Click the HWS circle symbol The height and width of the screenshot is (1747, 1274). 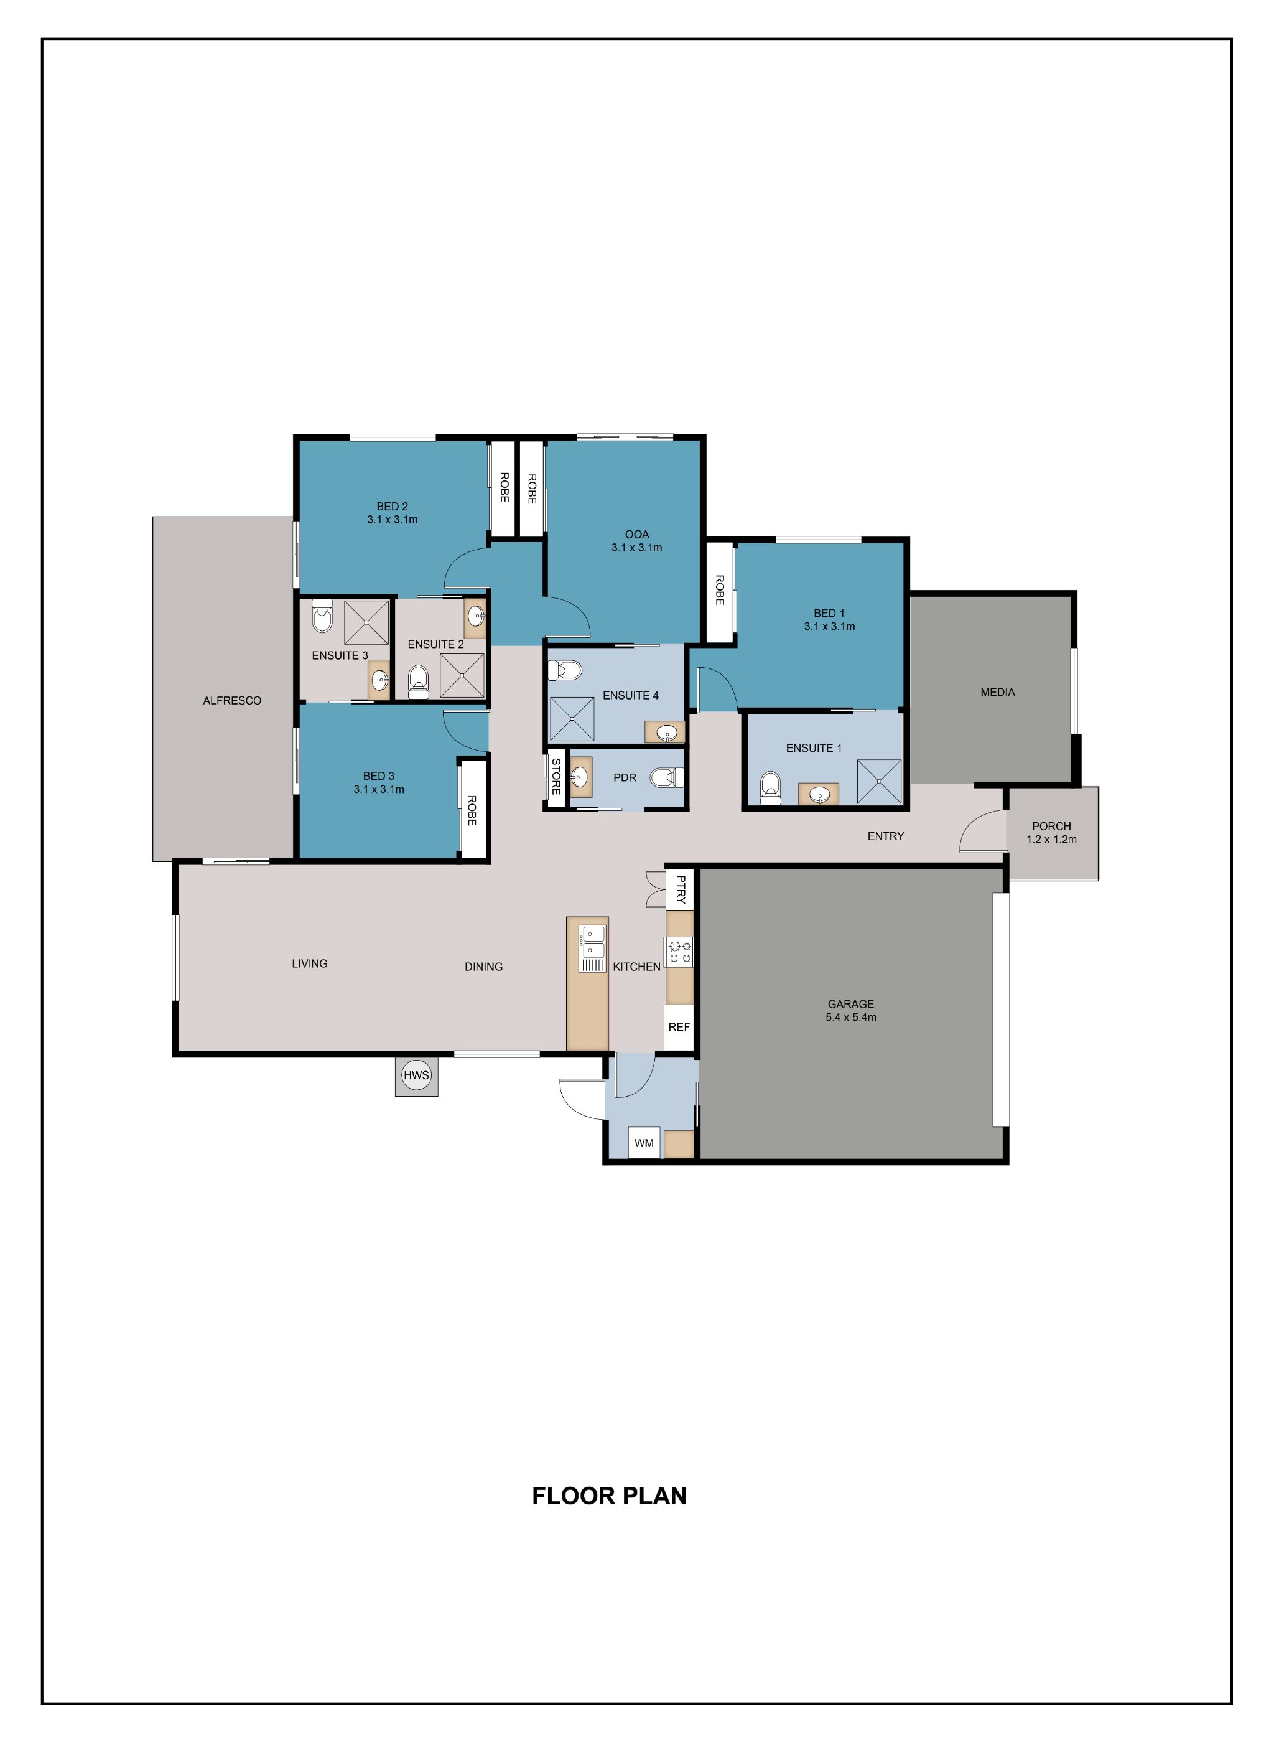coord(416,1075)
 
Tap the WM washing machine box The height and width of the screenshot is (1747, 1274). coord(644,1143)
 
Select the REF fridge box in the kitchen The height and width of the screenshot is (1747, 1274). coord(679,1027)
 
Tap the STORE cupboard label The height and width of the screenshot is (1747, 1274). coord(556,777)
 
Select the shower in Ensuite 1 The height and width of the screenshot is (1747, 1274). coord(879,782)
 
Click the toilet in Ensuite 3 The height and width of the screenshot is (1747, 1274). coord(322,617)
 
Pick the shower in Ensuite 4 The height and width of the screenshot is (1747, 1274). coord(572,718)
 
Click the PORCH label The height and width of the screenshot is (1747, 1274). coord(1051,826)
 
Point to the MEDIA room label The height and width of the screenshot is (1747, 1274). coord(997,692)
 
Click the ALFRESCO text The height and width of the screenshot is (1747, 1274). coord(232,701)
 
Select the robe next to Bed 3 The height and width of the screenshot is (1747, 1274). coord(473,808)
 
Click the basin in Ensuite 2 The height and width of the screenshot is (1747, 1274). coord(475,617)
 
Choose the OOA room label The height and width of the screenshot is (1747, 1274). coord(637,534)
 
